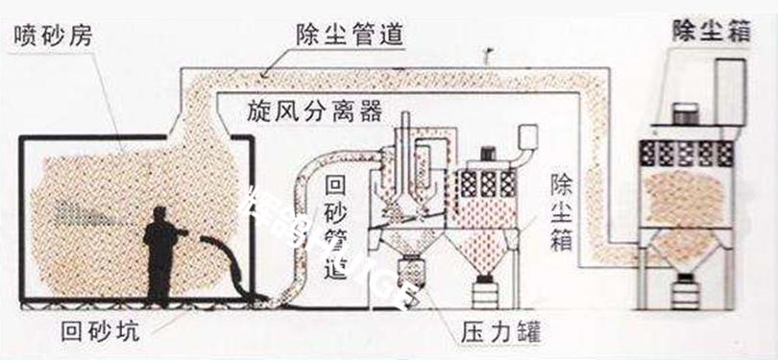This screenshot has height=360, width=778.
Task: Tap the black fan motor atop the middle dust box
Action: pos(487,152)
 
